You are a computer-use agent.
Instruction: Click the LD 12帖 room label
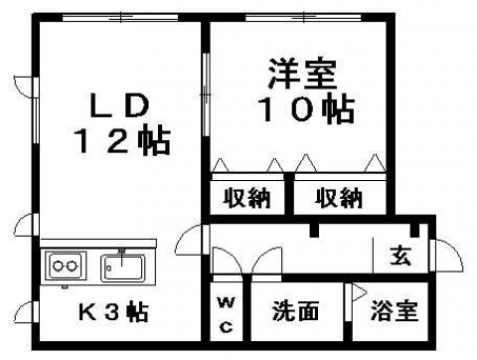(x=122, y=123)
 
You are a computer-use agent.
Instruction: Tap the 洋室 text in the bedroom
(x=302, y=74)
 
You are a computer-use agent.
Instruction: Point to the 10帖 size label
(x=307, y=109)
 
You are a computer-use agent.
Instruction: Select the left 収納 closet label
(x=246, y=198)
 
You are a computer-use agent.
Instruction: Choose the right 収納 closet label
(x=339, y=198)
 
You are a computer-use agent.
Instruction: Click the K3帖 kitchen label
(x=113, y=311)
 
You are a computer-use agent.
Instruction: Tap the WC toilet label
(x=227, y=315)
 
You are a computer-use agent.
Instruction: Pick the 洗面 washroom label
(x=295, y=311)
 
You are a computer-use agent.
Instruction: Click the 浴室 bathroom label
(x=395, y=311)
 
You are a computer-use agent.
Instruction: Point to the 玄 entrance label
(x=400, y=256)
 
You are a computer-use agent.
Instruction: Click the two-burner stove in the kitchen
(x=66, y=266)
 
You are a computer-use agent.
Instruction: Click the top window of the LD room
(x=120, y=17)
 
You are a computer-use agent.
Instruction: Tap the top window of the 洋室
(x=303, y=17)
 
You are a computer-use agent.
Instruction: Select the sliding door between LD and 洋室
(x=206, y=94)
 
